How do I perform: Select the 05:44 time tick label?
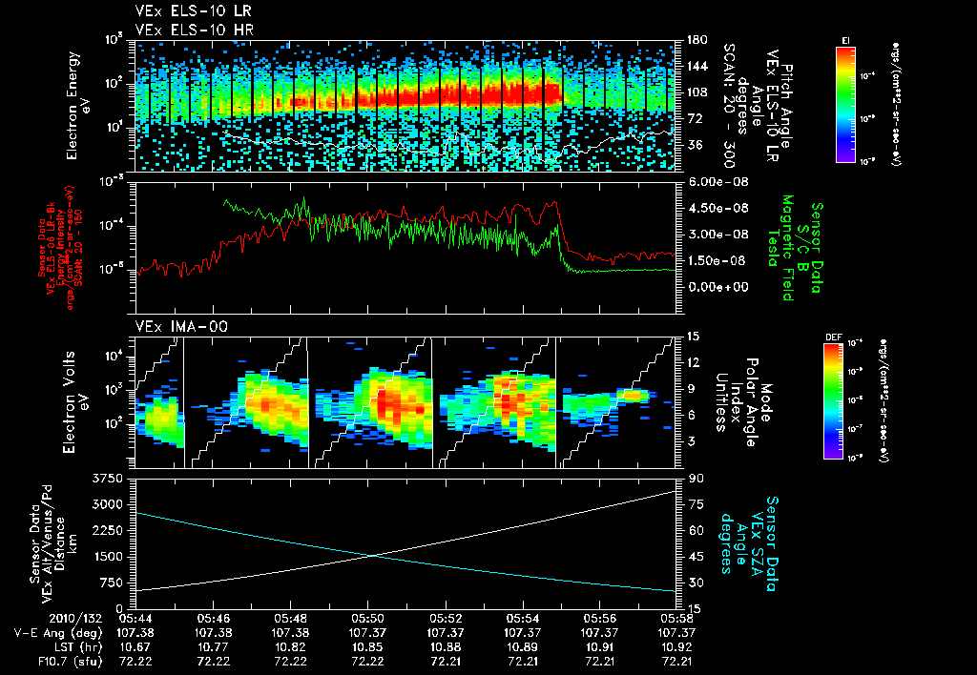(136, 618)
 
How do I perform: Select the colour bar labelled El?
(844, 104)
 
